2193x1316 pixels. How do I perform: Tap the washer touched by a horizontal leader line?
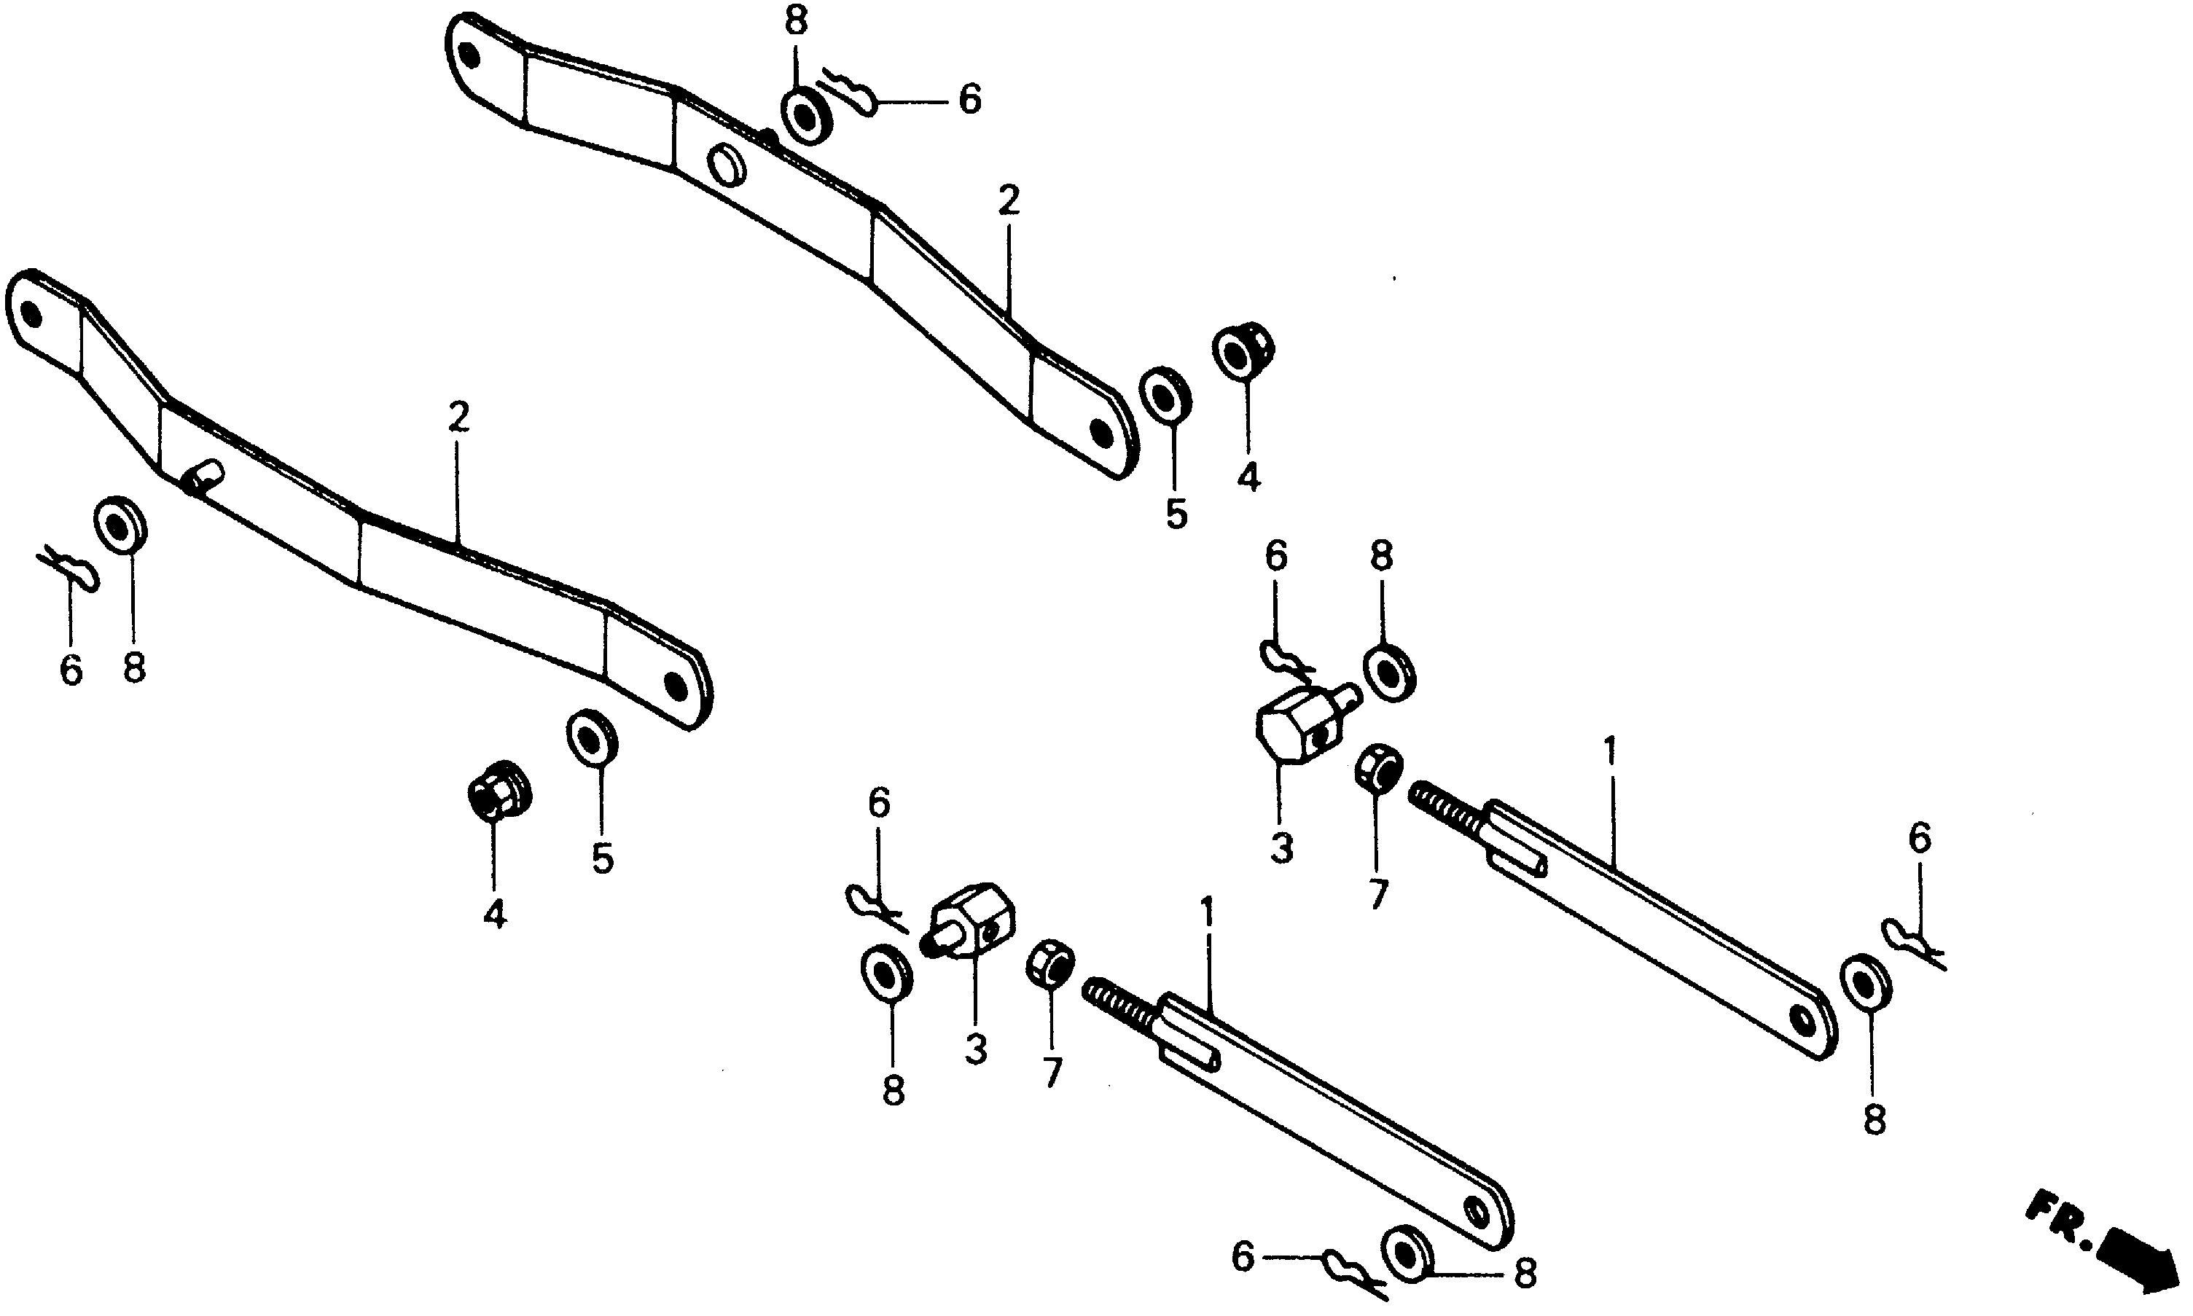1407,1255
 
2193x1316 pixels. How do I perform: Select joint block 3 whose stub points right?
1297,723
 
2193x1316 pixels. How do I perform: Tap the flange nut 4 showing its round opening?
1241,351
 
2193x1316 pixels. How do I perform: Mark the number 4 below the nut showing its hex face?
495,912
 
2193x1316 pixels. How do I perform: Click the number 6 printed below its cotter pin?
71,670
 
